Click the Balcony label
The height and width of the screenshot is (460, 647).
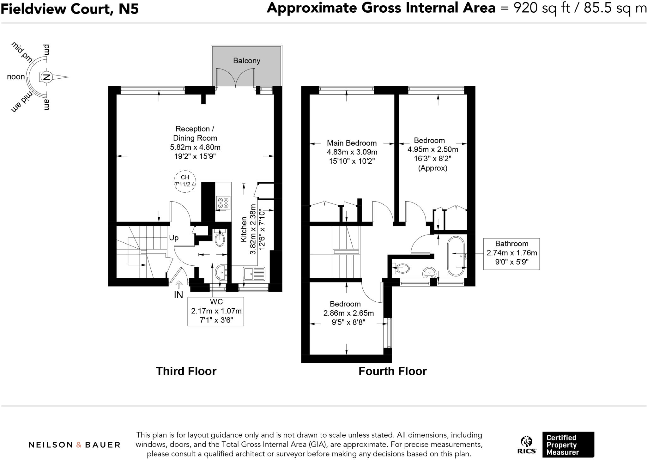(x=246, y=61)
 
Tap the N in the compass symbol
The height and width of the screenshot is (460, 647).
(x=47, y=77)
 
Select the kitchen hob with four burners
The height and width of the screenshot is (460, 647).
(x=223, y=203)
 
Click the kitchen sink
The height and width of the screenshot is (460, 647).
(x=254, y=274)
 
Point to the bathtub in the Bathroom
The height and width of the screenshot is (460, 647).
(x=456, y=257)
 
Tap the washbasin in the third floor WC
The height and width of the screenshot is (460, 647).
(x=221, y=272)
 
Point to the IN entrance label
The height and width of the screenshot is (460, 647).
(x=178, y=295)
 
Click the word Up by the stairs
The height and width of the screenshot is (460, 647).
(x=174, y=238)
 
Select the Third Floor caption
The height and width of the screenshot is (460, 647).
(x=186, y=371)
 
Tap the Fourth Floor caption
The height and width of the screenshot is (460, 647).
(x=392, y=371)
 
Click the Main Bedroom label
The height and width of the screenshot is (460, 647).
(x=352, y=143)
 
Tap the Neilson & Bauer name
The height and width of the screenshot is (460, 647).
(x=75, y=445)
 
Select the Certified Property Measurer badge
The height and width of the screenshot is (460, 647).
(x=568, y=445)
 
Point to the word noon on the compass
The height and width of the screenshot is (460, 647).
(x=16, y=77)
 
